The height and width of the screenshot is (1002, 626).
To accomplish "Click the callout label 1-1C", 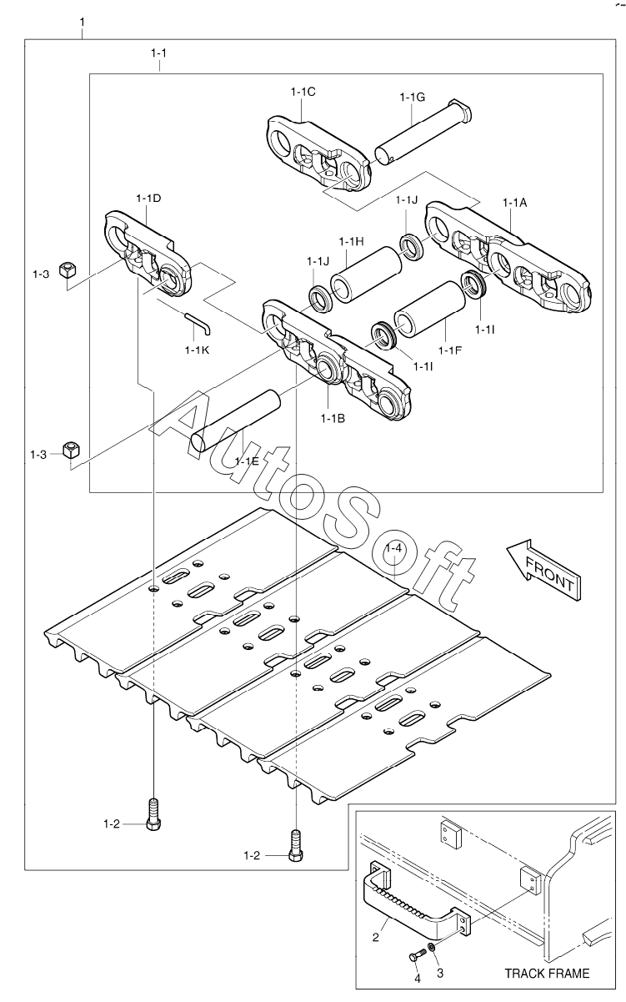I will [x=303, y=93].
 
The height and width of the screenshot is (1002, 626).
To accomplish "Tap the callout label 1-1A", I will [x=515, y=202].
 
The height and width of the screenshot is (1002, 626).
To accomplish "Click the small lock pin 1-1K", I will [x=198, y=320].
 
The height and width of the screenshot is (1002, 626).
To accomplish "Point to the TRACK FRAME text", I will [x=546, y=973].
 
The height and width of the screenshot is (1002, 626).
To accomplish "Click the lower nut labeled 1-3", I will [x=70, y=451].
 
